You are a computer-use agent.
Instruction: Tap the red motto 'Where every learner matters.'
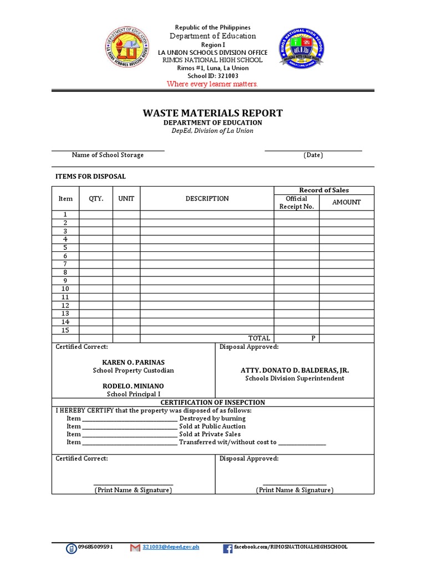tap(212, 84)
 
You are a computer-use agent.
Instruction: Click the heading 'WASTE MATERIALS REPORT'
tap(212, 113)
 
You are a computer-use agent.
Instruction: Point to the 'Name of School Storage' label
tap(108, 155)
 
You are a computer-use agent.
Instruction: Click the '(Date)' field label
tap(313, 155)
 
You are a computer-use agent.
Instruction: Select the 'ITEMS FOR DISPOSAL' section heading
tap(90, 177)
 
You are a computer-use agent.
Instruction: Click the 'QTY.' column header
tap(96, 199)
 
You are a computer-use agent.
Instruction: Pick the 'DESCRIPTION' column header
tap(207, 199)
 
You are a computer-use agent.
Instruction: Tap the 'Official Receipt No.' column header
tap(296, 203)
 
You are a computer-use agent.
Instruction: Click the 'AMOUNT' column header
tap(346, 203)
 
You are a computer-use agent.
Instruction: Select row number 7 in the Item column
tap(65, 264)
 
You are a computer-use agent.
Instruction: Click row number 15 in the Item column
tap(65, 330)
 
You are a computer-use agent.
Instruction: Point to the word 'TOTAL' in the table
tap(259, 338)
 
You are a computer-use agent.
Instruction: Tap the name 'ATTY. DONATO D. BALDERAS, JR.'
tap(295, 370)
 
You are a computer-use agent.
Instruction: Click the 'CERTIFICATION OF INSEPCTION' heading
tap(212, 403)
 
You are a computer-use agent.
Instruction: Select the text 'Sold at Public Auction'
tap(212, 426)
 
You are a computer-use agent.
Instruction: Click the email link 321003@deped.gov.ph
tap(170, 547)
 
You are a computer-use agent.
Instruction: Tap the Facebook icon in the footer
tap(227, 548)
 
